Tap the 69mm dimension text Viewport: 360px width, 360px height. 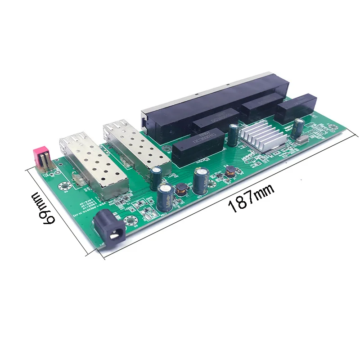(x=43, y=207)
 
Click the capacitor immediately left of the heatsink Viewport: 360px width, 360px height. (x=233, y=135)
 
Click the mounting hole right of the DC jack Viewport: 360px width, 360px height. (x=131, y=221)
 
